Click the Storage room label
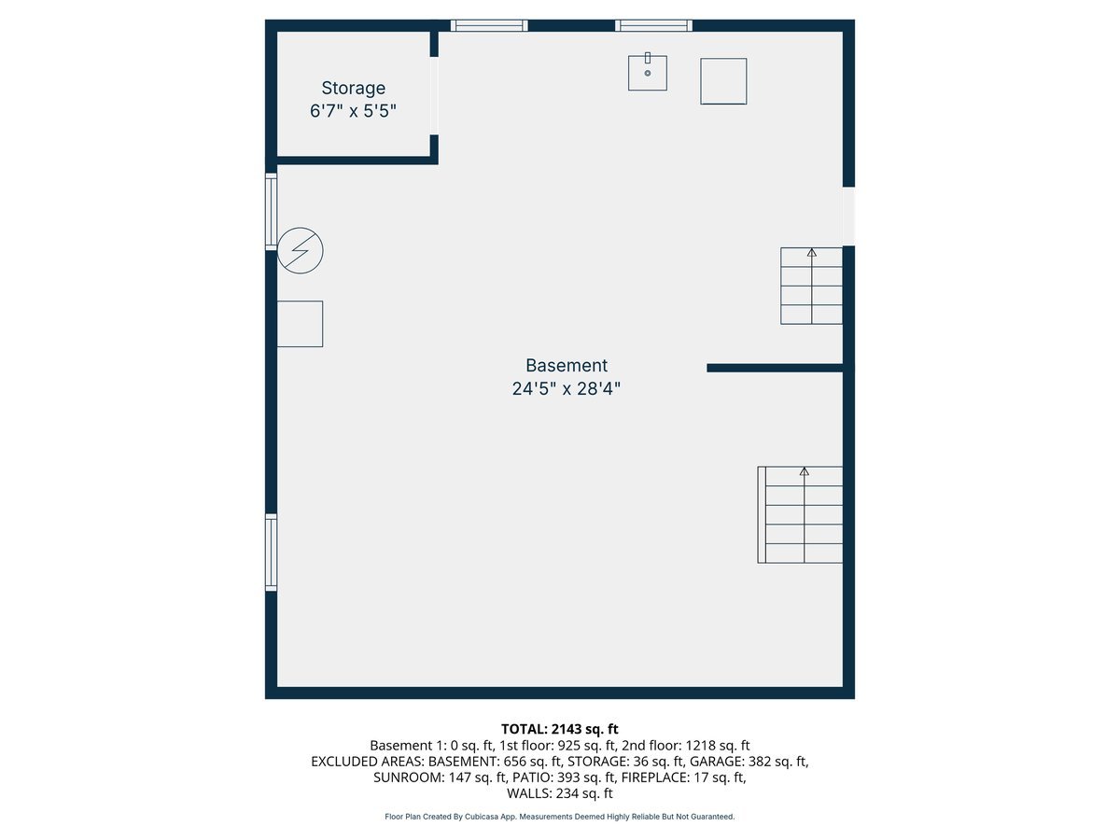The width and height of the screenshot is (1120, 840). (353, 89)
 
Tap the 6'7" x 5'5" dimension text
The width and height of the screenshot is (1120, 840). (353, 111)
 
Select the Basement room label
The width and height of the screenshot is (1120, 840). (566, 366)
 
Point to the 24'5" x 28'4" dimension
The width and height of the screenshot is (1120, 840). (566, 389)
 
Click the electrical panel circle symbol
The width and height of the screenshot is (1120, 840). (301, 251)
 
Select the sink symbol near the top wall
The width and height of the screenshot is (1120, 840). (648, 73)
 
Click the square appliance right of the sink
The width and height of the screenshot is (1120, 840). (723, 81)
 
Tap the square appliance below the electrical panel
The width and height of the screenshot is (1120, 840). (301, 324)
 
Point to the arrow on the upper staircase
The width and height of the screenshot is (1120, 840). (811, 252)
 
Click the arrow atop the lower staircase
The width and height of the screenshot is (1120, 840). (805, 472)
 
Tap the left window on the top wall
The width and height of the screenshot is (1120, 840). (489, 25)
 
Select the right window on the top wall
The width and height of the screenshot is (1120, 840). (653, 25)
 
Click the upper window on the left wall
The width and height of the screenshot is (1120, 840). (271, 211)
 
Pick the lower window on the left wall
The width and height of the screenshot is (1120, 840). (271, 553)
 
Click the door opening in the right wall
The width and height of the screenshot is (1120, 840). (848, 216)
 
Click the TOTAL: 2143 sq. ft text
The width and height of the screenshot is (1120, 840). (560, 728)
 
